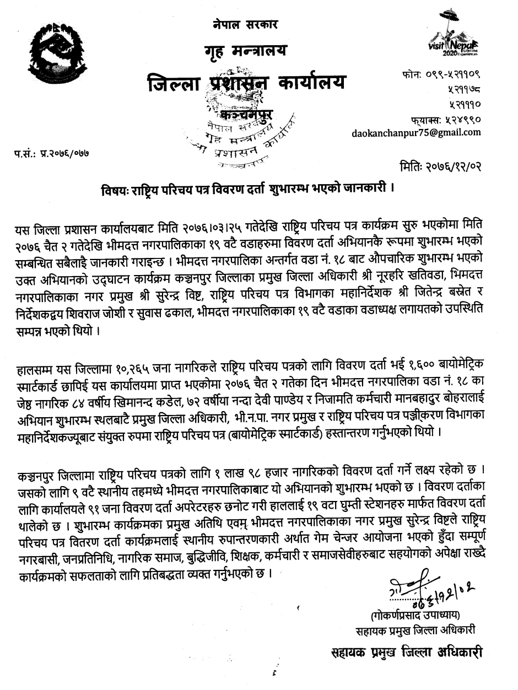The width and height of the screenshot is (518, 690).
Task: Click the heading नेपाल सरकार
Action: tap(245, 25)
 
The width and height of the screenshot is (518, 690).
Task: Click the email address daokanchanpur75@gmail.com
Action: tap(416, 132)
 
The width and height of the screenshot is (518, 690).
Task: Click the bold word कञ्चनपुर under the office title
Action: tap(246, 115)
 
